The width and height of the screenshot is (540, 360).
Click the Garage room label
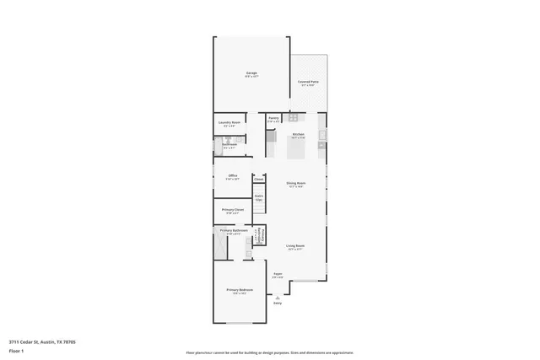251,73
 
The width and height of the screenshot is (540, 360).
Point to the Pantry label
273,118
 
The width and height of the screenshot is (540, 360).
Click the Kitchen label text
298,135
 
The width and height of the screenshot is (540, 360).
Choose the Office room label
232,175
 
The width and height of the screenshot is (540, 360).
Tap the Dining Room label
296,183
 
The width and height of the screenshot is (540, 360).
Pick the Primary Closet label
233,209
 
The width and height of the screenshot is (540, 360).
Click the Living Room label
295,246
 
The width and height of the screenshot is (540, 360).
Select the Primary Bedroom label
240,290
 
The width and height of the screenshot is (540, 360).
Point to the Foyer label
278,274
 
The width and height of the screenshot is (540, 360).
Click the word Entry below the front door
277,303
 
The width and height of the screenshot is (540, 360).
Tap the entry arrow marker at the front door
277,296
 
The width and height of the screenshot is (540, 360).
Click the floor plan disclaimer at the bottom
270,353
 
